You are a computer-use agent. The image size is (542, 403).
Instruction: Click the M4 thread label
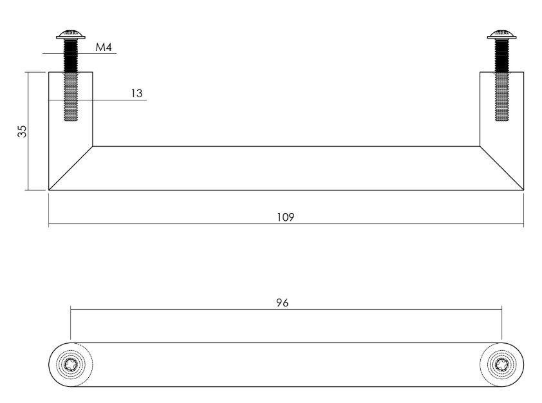point(104,47)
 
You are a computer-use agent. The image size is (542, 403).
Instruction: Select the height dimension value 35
point(23,131)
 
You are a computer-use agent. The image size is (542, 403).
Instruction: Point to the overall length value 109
point(286,218)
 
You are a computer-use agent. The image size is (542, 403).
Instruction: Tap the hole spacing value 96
point(281,303)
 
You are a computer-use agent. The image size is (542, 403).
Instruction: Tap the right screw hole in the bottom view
point(501,364)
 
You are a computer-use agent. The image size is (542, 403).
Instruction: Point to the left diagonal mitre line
point(71,168)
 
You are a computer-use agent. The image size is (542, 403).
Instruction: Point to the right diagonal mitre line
point(502,168)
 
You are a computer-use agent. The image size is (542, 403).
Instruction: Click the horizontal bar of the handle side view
point(286,168)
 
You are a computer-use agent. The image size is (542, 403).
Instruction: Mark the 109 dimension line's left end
point(49,225)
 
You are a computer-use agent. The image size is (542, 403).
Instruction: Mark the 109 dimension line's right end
point(523,225)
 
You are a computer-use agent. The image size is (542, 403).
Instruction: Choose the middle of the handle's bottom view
point(286,364)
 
